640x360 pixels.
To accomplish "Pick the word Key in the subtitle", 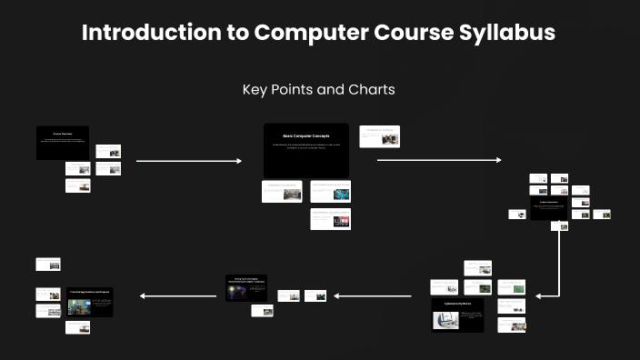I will click(x=255, y=90).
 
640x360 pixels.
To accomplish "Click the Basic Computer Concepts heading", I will click(x=305, y=136).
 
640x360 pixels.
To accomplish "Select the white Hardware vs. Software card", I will click(x=379, y=136).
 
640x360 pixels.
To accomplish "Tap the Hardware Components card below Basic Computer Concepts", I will click(x=282, y=191).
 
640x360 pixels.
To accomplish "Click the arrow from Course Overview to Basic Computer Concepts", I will click(x=188, y=161).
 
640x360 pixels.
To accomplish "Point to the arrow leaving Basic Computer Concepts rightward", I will click(x=438, y=160).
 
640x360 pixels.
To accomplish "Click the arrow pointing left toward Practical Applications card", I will click(x=177, y=295).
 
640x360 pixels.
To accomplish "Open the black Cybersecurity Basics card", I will click(x=457, y=315).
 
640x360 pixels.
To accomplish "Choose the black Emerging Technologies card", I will click(x=247, y=286).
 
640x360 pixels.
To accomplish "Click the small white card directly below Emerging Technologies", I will click(x=262, y=311).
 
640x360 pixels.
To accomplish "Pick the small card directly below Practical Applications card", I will click(x=77, y=327).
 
